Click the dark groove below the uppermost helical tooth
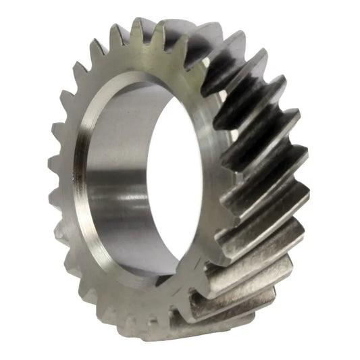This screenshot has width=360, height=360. (236, 74)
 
